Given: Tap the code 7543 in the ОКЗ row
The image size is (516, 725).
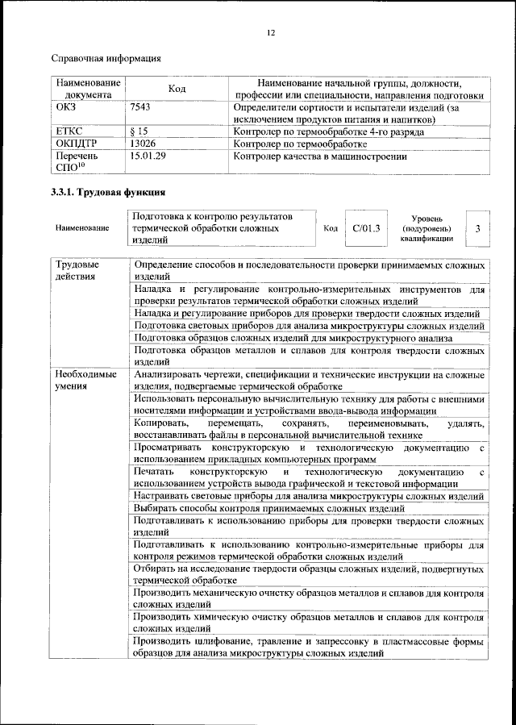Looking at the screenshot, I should [140, 106].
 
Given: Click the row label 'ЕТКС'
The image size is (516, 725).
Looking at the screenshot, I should [69, 131].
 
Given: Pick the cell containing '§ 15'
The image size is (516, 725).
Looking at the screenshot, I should [139, 131].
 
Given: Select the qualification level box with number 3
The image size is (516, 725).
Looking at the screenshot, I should [478, 229].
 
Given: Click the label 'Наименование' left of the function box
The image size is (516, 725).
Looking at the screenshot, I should [82, 229].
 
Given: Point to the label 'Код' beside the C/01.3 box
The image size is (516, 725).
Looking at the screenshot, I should [330, 228].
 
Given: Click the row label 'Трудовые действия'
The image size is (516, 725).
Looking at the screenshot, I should [78, 270].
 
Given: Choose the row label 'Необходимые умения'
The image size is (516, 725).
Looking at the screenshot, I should [85, 380].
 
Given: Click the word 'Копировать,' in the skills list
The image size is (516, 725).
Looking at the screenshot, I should [161, 423].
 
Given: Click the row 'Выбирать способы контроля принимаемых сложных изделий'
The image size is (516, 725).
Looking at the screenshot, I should [269, 510].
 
